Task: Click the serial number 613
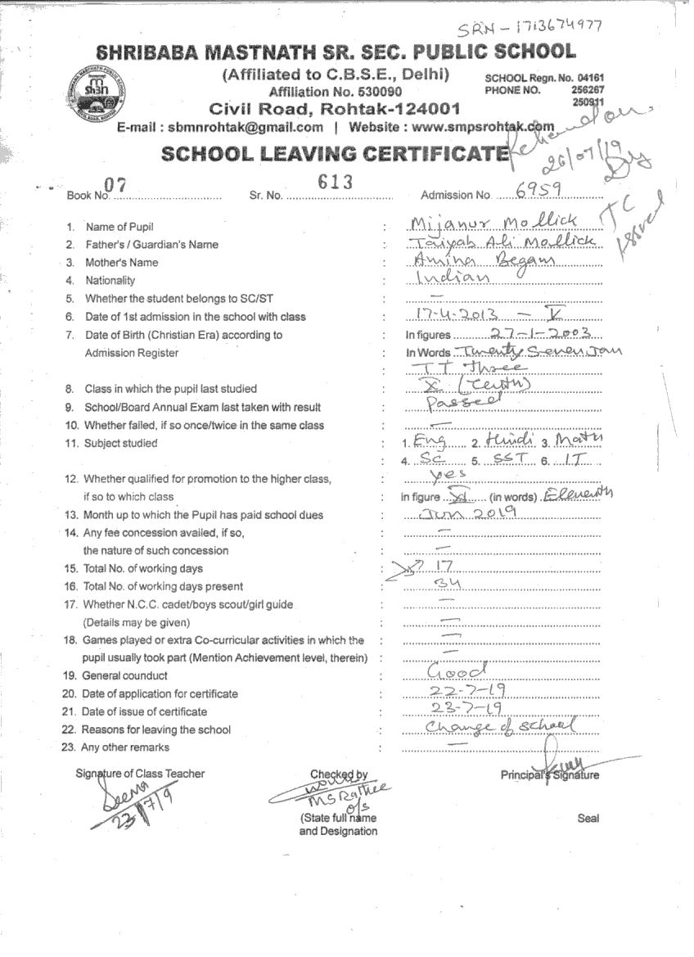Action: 336,182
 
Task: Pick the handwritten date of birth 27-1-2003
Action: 544,332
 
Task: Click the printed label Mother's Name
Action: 122,263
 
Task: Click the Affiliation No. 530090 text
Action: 336,92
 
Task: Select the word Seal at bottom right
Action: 588,818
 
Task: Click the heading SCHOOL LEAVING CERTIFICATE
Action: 335,153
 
